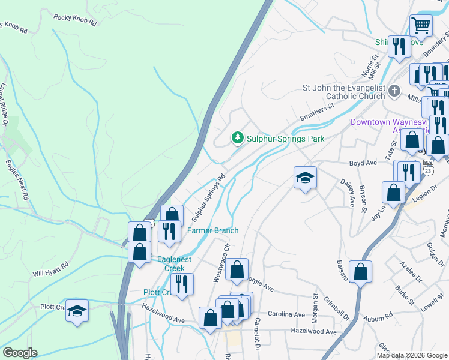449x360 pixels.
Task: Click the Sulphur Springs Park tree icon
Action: pyautogui.click(x=238, y=139)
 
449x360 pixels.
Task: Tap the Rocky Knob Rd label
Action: pyautogui.click(x=74, y=19)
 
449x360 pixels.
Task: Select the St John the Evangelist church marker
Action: pyautogui.click(x=394, y=91)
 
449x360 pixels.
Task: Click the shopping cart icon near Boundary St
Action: pyautogui.click(x=421, y=26)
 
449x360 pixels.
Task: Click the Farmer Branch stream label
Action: pyautogui.click(x=212, y=230)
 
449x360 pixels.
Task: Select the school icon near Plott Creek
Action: pyautogui.click(x=77, y=310)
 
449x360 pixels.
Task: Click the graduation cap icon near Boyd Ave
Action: pyautogui.click(x=305, y=178)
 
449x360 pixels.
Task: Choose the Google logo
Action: pyautogui.click(x=20, y=352)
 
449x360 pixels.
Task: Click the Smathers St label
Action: pyautogui.click(x=318, y=113)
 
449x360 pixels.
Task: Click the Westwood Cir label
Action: pyautogui.click(x=221, y=263)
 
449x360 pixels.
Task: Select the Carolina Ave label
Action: pyautogui.click(x=286, y=314)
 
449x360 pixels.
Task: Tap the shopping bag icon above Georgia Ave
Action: pyautogui.click(x=237, y=271)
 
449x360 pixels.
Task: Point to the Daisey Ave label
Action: pyautogui.click(x=346, y=190)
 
